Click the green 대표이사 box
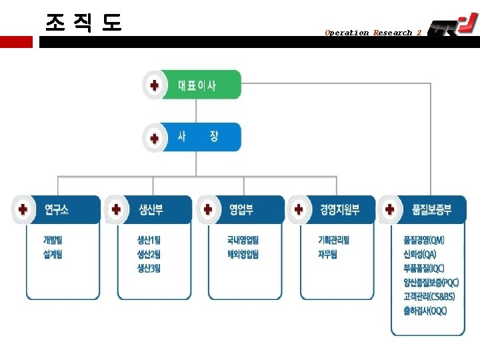pyautogui.click(x=197, y=85)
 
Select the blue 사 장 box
pyautogui.click(x=197, y=137)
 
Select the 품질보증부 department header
pyautogui.click(x=431, y=209)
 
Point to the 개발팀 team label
pyautogui.click(x=53, y=240)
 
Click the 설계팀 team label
pyautogui.click(x=53, y=254)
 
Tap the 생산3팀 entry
pyautogui.click(x=149, y=269)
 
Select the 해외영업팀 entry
pyautogui.click(x=243, y=254)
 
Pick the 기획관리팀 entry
pyautogui.click(x=334, y=240)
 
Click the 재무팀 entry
pyautogui.click(x=328, y=254)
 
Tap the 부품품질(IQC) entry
pyautogui.click(x=424, y=269)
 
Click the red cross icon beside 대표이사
pyautogui.click(x=155, y=85)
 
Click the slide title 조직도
pyautogui.click(x=83, y=23)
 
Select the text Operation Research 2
pyautogui.click(x=373, y=33)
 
